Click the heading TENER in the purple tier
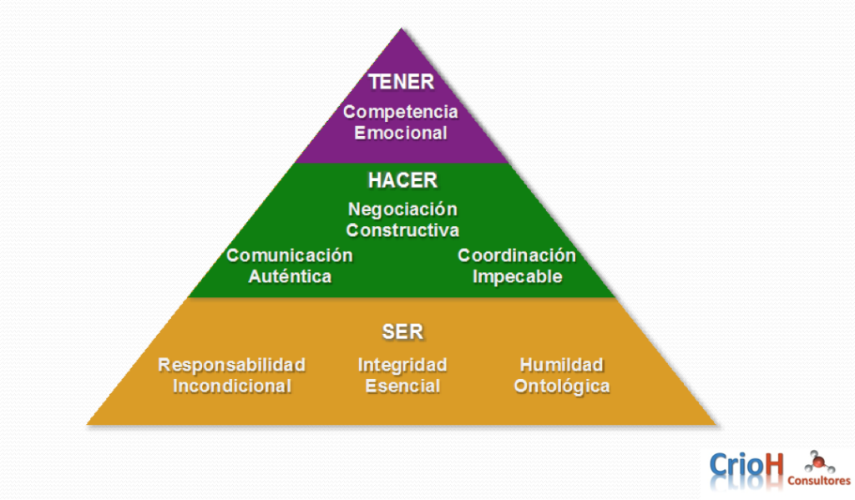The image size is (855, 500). [x=402, y=82]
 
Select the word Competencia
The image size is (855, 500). [x=401, y=112]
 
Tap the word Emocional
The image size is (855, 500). [x=401, y=133]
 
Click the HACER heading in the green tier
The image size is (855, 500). [x=402, y=180]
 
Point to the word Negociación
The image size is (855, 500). [x=403, y=209]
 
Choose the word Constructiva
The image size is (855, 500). [x=403, y=230]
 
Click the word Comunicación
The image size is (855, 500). [x=290, y=255]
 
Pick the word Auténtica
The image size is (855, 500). [x=290, y=276]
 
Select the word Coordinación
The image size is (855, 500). [x=517, y=255]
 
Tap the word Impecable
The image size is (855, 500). [x=518, y=276]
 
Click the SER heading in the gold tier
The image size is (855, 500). [x=403, y=331]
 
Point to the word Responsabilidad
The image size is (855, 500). [x=232, y=365]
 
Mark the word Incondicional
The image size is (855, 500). [x=232, y=386]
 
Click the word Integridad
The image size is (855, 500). [x=402, y=365]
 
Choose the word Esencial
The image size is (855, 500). [x=402, y=386]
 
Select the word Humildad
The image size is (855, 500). [x=562, y=365]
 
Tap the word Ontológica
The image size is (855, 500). [x=562, y=386]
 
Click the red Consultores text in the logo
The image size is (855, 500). [x=819, y=480]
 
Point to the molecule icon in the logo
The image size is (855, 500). [x=819, y=462]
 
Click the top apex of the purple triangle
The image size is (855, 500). [x=402, y=28]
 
